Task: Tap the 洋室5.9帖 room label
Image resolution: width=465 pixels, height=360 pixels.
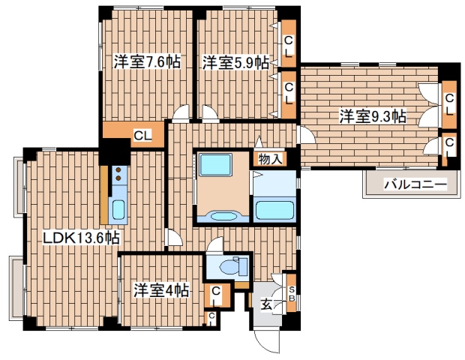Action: coord(235,63)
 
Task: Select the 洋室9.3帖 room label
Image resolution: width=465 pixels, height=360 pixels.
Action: coord(372,116)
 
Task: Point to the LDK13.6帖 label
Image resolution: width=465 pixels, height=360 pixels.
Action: coord(81,238)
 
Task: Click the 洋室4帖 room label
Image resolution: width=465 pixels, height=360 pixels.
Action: coord(160,289)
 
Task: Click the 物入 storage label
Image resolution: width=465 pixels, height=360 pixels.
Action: coord(271,158)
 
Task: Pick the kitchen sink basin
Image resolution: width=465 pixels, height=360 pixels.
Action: coord(118,208)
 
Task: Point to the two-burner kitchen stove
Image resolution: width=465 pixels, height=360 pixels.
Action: coord(118,176)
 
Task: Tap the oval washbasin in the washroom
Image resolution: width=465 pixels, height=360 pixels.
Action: coord(222,217)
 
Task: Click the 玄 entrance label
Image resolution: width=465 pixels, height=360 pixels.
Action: coord(266,304)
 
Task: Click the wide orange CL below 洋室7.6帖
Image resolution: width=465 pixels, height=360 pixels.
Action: coord(142,136)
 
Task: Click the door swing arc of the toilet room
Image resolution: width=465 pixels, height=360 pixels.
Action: coord(214,245)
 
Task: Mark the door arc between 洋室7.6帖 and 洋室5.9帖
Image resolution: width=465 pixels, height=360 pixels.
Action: coord(181,114)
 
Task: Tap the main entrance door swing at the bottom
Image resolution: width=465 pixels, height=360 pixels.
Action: coord(267,341)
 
